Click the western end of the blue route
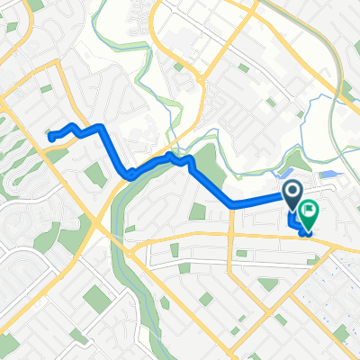(x=51, y=137)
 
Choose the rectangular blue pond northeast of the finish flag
(x=328, y=173)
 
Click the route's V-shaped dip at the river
(x=131, y=173)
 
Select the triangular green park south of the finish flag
(x=266, y=284)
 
